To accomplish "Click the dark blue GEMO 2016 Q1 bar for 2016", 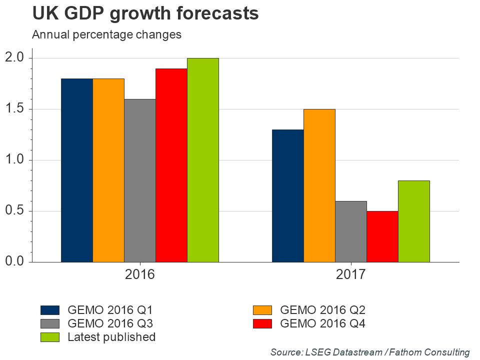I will [x=76, y=170].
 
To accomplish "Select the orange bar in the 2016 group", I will [x=108, y=170].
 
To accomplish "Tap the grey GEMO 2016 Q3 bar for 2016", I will [x=140, y=180].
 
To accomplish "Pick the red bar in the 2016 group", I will [x=171, y=165].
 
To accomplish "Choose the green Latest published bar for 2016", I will [x=203, y=160].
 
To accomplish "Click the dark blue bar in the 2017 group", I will [x=287, y=195].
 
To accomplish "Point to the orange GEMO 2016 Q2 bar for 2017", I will [x=319, y=185].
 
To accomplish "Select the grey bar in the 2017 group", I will [x=350, y=231].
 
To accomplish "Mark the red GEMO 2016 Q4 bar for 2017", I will [x=382, y=236].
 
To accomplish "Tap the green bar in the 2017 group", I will [x=414, y=221].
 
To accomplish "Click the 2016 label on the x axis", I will [x=139, y=274].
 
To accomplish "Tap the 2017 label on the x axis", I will [x=350, y=274].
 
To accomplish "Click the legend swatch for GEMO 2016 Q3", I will [x=50, y=323].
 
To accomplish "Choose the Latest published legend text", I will [x=111, y=337].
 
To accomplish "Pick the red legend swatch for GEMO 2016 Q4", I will [x=262, y=323].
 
